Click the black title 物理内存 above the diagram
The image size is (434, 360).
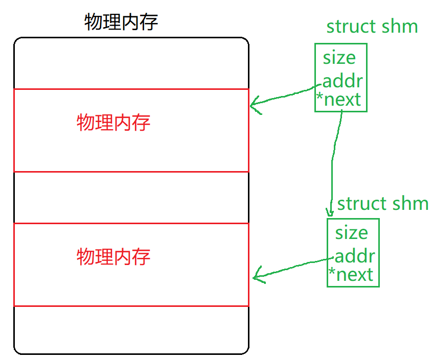pyautogui.click(x=121, y=22)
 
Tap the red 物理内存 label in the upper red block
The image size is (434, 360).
pyautogui.click(x=113, y=123)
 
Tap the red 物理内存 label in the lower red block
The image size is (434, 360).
pyautogui.click(x=113, y=256)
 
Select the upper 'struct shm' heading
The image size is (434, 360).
pyautogui.click(x=372, y=27)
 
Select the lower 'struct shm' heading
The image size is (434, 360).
pyautogui.click(x=383, y=204)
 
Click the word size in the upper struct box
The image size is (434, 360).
pyautogui.click(x=339, y=58)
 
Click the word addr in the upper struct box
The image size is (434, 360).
pyautogui.click(x=342, y=81)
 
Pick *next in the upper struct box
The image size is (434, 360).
pyautogui.click(x=339, y=100)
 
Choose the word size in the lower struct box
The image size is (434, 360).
pyautogui.click(x=352, y=233)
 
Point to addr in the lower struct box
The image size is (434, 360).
pyautogui.click(x=355, y=256)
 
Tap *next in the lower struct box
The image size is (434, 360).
pyautogui.click(x=351, y=275)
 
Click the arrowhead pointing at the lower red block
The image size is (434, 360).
pyautogui.click(x=257, y=278)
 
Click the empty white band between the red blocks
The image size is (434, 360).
pyautogui.click(x=131, y=197)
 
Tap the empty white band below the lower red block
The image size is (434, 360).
pyautogui.click(x=131, y=329)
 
